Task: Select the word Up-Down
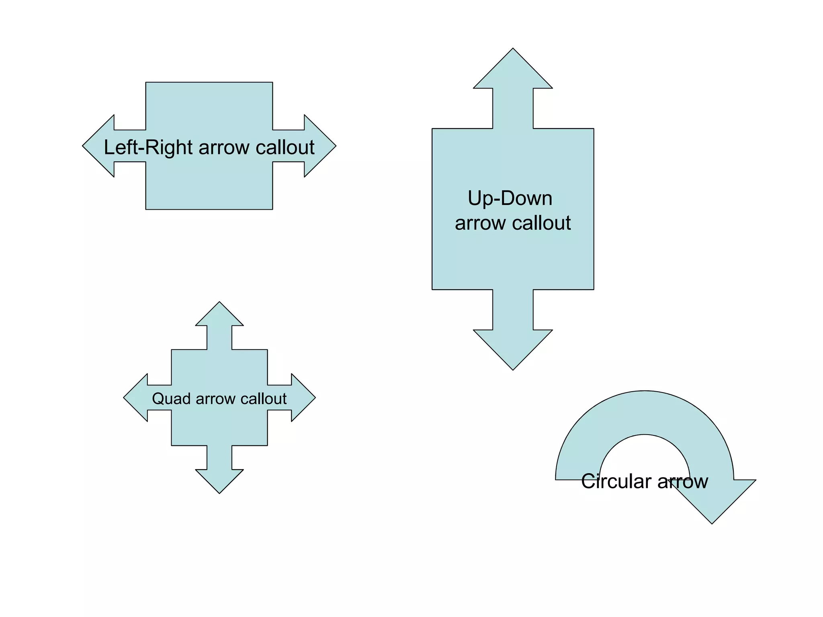pyautogui.click(x=510, y=198)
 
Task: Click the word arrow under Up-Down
pyautogui.click(x=480, y=223)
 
